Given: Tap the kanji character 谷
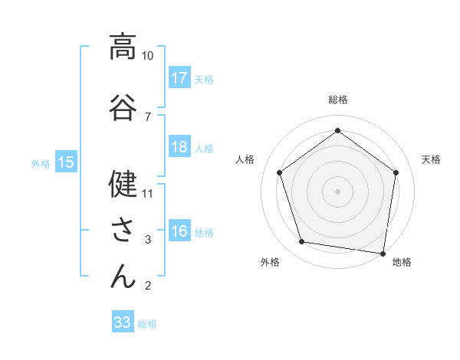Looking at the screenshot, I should point(122,106).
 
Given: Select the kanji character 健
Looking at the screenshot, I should point(122,183).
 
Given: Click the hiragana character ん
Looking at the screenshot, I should point(122,276).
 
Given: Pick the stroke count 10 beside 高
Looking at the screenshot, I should point(148,56).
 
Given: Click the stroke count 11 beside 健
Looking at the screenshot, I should point(148,193).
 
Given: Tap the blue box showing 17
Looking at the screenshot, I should point(179,77).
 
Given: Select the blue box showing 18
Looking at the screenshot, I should point(179,147).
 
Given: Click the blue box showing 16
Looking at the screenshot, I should point(179,232).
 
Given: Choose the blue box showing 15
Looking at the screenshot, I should point(66,162).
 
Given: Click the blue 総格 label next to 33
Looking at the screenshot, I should point(147,324).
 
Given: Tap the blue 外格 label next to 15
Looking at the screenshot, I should point(40,163).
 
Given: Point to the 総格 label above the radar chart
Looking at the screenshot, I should point(338,100).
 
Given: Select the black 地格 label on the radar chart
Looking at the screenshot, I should point(402,262).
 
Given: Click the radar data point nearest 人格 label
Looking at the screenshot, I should point(280,172).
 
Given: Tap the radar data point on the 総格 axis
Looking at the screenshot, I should point(337,130).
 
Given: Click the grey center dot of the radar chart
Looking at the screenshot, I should point(337,191).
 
